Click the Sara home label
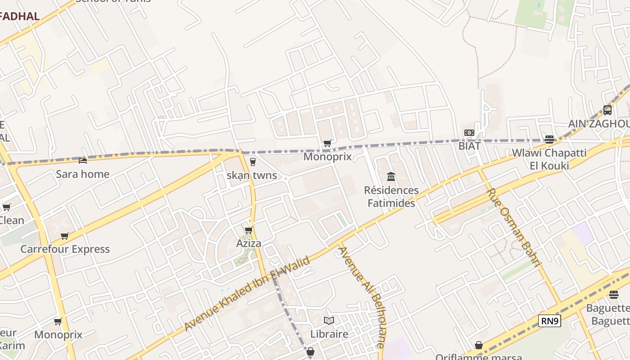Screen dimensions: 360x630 [x=82, y=174]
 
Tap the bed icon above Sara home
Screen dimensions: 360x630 [x=83, y=160]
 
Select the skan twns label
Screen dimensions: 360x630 [x=252, y=175]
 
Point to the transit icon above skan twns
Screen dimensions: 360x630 [x=252, y=162]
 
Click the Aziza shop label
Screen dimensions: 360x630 [x=249, y=243]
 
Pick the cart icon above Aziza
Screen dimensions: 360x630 [x=248, y=230]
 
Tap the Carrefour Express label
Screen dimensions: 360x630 [x=65, y=249]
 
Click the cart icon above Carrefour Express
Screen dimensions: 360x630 [x=65, y=236]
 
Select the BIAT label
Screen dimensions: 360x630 [x=469, y=146]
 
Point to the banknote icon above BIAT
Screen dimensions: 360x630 [x=469, y=133]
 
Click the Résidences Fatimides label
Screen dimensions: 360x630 [x=391, y=197]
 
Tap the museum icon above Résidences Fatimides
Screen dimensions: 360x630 [x=391, y=176]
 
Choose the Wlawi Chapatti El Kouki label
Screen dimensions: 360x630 [x=549, y=159]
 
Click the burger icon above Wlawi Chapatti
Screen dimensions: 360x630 [x=549, y=139]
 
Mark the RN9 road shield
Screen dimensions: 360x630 [x=549, y=321]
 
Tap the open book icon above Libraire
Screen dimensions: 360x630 [x=329, y=321]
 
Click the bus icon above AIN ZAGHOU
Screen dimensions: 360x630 [x=607, y=110]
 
